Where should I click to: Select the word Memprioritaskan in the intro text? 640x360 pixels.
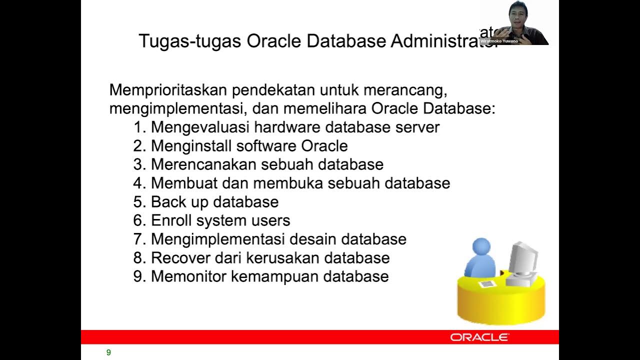(168, 90)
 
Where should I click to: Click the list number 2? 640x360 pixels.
(138, 146)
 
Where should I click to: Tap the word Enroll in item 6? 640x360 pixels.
(171, 220)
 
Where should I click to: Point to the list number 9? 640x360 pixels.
(138, 276)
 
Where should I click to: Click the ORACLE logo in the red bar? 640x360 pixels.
(479, 337)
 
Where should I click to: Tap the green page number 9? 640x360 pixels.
(108, 352)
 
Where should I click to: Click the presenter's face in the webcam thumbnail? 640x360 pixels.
(516, 15)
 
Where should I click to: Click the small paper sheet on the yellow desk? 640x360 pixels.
(487, 283)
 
